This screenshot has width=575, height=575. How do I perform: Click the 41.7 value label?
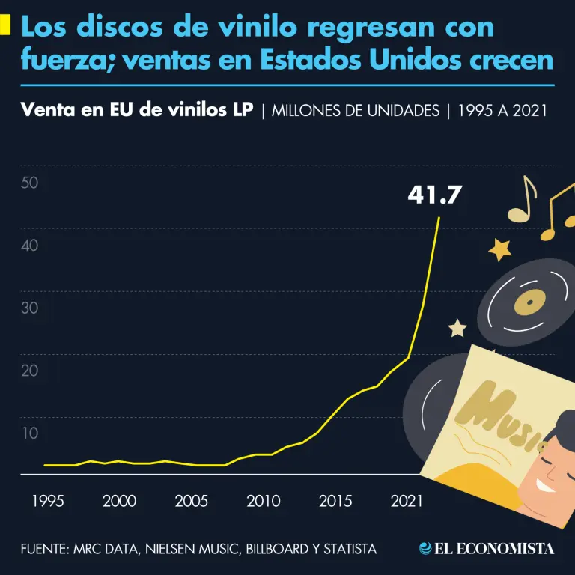[434, 195]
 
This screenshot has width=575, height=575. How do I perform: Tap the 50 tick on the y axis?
[30, 183]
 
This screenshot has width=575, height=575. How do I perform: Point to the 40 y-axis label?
[30, 245]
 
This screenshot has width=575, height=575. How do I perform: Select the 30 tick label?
[30, 308]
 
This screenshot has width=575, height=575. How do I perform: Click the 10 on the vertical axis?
[30, 433]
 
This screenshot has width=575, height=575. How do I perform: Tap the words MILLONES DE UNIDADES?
[356, 111]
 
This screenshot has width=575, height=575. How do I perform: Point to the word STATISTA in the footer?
[350, 550]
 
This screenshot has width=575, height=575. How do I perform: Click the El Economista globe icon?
[425, 549]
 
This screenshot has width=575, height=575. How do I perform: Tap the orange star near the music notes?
[499, 249]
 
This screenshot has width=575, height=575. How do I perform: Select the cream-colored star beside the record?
[457, 328]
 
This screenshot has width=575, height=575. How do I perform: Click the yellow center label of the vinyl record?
[529, 302]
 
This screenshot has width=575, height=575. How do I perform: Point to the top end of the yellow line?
[439, 217]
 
